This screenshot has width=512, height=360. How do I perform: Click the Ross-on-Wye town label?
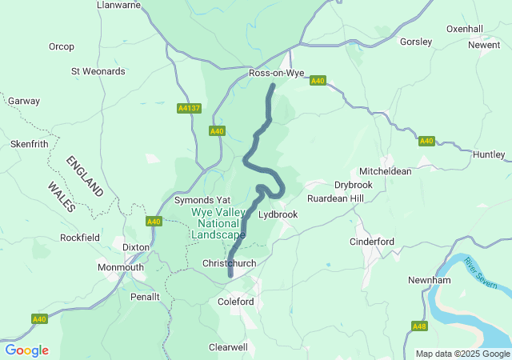click(x=277, y=73)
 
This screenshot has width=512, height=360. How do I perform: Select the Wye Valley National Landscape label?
click(x=218, y=224)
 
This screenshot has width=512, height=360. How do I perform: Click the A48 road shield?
click(x=419, y=326)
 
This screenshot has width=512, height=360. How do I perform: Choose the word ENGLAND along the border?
click(x=86, y=176)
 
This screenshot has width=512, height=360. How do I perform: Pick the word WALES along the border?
click(x=62, y=197)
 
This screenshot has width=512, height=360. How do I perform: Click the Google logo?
click(x=27, y=350)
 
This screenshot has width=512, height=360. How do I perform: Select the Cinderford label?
click(x=372, y=242)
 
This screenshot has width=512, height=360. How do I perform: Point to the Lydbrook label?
click(x=278, y=214)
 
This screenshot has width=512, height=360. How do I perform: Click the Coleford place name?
click(x=236, y=302)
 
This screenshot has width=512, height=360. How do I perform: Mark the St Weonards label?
click(x=98, y=71)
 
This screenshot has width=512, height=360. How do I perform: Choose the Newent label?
click(x=484, y=45)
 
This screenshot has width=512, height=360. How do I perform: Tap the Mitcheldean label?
click(x=386, y=171)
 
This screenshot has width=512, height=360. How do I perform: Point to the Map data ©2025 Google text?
click(x=462, y=354)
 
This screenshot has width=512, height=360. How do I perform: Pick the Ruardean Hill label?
click(x=335, y=198)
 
